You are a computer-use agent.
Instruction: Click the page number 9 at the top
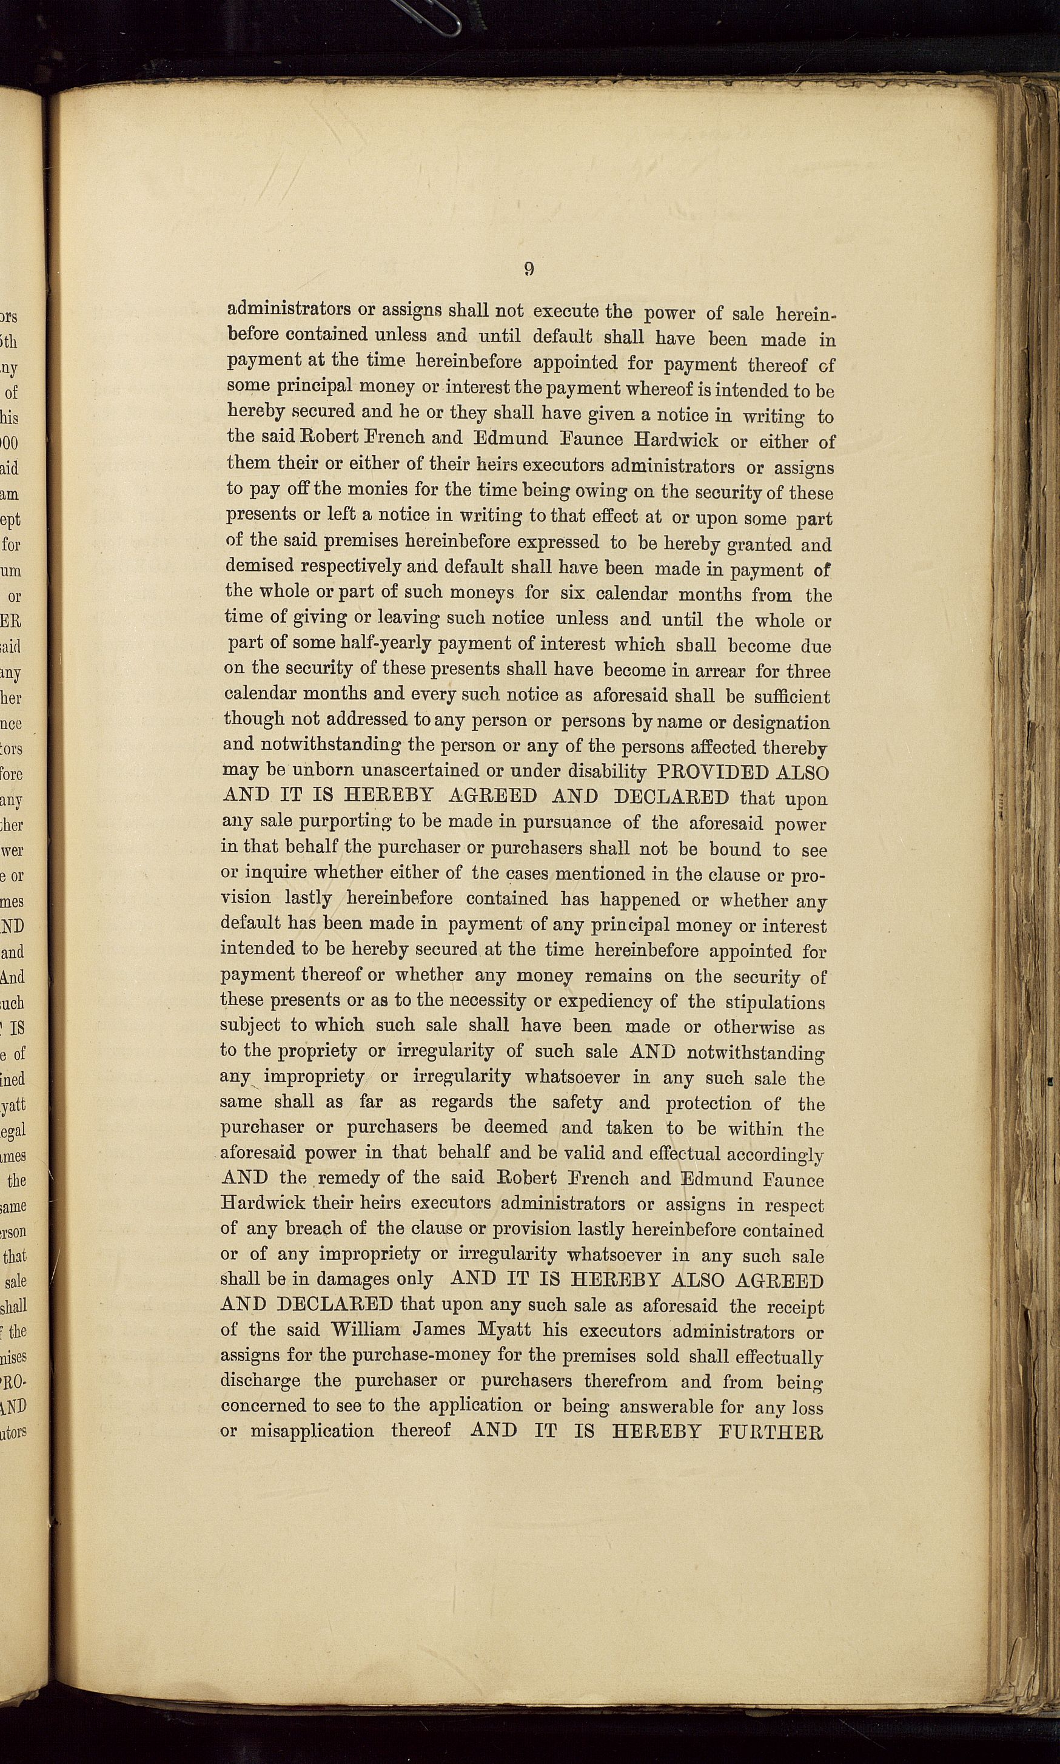pos(529,269)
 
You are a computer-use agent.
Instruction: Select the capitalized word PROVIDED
pos(714,773)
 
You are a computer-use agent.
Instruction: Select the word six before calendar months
pos(571,594)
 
